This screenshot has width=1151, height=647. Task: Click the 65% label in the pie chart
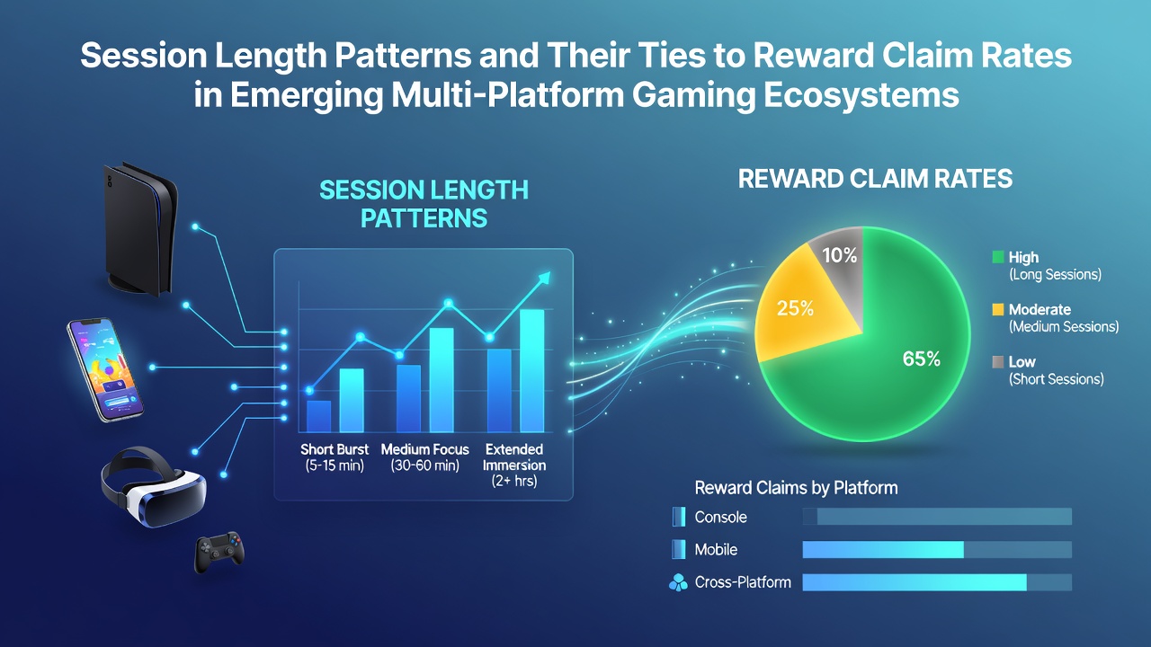point(922,359)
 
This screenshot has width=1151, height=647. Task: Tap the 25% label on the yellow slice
point(795,308)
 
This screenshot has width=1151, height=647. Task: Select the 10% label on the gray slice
point(840,255)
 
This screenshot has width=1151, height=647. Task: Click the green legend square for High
point(998,257)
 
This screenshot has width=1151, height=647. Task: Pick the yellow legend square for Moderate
point(998,309)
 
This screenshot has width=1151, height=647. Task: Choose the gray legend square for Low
point(998,362)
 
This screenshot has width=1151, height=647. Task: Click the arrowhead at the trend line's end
point(544,278)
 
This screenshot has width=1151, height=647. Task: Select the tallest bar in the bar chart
point(531,371)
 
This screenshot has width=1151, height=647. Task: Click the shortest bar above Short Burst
point(318,416)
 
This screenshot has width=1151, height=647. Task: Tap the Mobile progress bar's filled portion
point(883,549)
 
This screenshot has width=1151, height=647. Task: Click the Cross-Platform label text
point(743,582)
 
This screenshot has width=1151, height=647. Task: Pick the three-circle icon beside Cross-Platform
point(678,583)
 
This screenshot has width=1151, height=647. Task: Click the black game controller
point(219,552)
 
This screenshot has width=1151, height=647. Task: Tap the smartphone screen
point(106,369)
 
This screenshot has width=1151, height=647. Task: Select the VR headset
point(153,486)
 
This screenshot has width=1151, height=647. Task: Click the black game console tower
point(138,228)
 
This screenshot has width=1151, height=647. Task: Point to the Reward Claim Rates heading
point(875,179)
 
